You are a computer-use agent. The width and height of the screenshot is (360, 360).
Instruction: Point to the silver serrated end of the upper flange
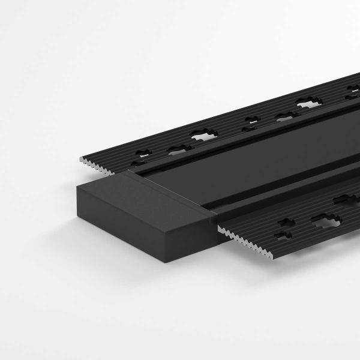click(x=96, y=165)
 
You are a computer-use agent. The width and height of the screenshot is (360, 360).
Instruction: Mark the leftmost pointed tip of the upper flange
click(x=79, y=160)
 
